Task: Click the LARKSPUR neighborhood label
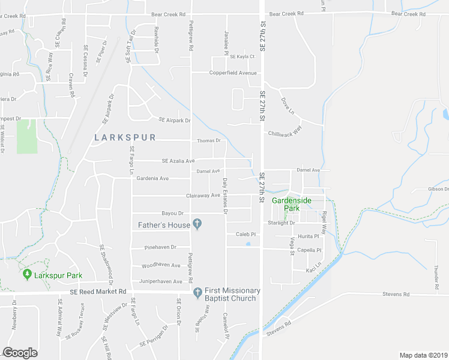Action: pos(125,137)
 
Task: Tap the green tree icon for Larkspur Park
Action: pos(26,274)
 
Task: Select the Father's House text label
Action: pos(164,225)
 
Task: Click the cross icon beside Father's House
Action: pos(197,225)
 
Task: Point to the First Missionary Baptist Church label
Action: pos(231,295)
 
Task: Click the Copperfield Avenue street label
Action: pos(233,73)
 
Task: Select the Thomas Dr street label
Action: pos(209,141)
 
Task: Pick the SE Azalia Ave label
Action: pos(178,161)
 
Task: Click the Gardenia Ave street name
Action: pos(152,178)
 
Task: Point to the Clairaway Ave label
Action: pos(203,195)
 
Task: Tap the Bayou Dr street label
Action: pos(172,213)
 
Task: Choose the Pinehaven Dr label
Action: pos(161,247)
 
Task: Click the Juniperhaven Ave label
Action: pos(161,281)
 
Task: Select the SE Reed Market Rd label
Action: pos(97,292)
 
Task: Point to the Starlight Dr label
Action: pos(284,223)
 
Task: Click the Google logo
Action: pos(20,353)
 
